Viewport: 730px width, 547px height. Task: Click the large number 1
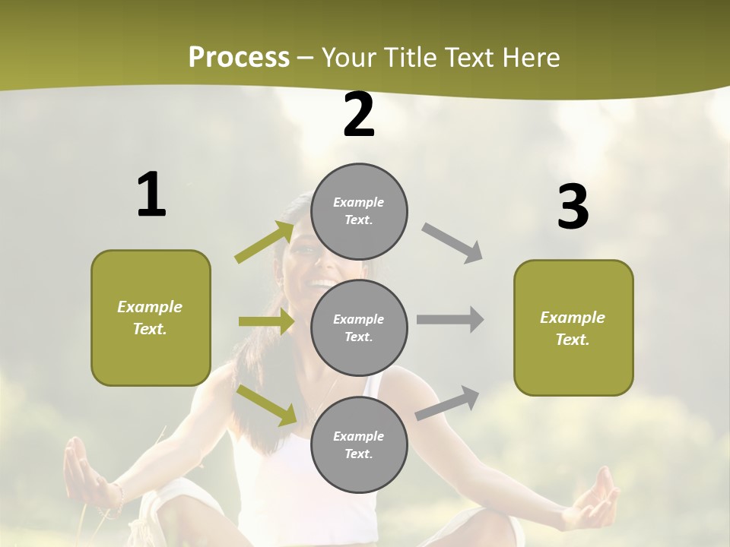pos(151,194)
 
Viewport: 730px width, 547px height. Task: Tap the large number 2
pos(359,115)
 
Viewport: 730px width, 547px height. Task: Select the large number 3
pos(573,207)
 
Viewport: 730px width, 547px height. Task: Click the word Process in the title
pos(239,57)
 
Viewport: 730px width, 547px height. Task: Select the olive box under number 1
pos(151,318)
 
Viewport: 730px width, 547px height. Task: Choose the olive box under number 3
pos(573,327)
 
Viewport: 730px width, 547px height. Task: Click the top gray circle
pos(359,211)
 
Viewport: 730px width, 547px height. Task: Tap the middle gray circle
pos(359,327)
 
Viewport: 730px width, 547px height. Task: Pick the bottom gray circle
pos(359,444)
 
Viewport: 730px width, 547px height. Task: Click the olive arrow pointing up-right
pos(265,243)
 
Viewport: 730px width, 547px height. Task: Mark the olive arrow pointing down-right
pos(267,404)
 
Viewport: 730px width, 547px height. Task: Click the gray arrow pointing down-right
pos(453,243)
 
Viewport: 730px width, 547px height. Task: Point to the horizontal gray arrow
pos(450,319)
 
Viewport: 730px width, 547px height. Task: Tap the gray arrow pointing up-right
pos(448,403)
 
